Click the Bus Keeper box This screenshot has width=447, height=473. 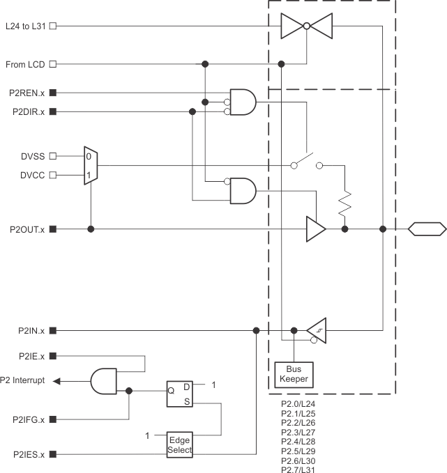pos(294,375)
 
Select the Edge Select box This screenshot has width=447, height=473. pos(179,444)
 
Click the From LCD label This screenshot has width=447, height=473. pos(26,64)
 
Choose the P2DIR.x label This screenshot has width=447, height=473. pos(27,111)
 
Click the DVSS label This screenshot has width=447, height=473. pos(31,156)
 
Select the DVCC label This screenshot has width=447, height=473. pos(31,175)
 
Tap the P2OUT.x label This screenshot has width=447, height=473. pos(26,228)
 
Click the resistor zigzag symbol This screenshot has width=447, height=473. pos(344,204)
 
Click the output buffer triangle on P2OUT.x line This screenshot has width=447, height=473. pos(315,228)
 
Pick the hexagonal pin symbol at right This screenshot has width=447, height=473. pos(427,228)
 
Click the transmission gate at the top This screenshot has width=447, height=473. pos(305,26)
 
